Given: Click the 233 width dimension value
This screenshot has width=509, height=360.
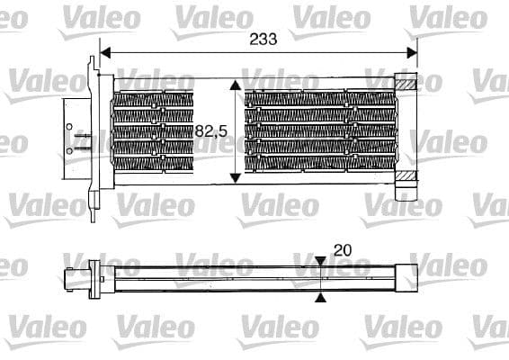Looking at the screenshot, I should (263, 39).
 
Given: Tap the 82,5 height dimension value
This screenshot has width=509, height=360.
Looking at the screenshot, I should (209, 131).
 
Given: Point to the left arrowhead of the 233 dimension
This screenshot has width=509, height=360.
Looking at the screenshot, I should (104, 52).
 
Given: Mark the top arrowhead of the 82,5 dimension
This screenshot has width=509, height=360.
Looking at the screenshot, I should (236, 85).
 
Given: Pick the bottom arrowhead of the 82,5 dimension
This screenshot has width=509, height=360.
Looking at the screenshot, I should (236, 176).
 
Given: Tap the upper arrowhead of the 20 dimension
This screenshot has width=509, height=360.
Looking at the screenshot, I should (322, 261).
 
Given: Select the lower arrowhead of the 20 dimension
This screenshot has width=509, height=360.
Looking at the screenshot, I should (322, 296).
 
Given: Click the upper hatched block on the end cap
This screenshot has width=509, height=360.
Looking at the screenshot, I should (408, 85).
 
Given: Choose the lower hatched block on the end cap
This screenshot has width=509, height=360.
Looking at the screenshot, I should (408, 176).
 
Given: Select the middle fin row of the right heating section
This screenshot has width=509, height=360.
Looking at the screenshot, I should (319, 130).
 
